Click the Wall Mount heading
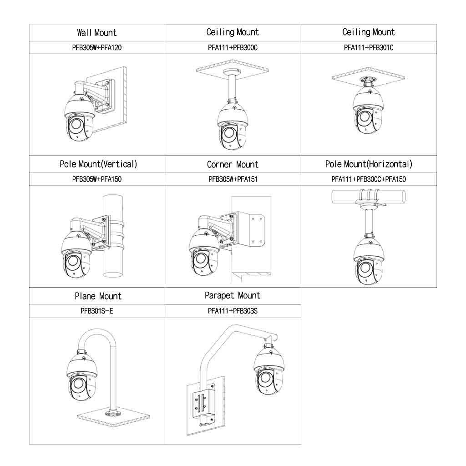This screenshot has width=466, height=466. click(x=97, y=32)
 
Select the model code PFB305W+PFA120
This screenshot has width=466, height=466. click(x=97, y=47)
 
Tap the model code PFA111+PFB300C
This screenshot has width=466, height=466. click(x=233, y=47)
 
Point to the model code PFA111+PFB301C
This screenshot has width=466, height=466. click(x=369, y=47)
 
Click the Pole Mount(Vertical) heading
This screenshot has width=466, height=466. click(x=98, y=164)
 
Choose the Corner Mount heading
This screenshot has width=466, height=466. click(x=233, y=164)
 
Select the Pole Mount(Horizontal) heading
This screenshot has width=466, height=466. click(x=369, y=164)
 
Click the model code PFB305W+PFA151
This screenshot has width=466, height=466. click(x=233, y=179)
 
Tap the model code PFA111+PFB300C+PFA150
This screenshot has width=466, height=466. click(x=369, y=179)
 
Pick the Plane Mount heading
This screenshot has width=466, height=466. click(x=98, y=296)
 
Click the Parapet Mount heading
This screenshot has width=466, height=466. click(x=233, y=295)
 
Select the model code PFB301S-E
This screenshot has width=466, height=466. click(x=97, y=311)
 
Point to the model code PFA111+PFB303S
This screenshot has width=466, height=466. click(x=233, y=311)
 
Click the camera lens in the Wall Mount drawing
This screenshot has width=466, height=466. click(x=75, y=124)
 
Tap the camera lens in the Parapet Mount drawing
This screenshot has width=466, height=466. click(x=265, y=378)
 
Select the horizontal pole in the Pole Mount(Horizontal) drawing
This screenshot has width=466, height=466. click(x=369, y=197)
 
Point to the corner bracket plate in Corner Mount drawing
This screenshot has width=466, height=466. click(x=256, y=230)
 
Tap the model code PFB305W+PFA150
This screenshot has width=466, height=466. click(x=97, y=179)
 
